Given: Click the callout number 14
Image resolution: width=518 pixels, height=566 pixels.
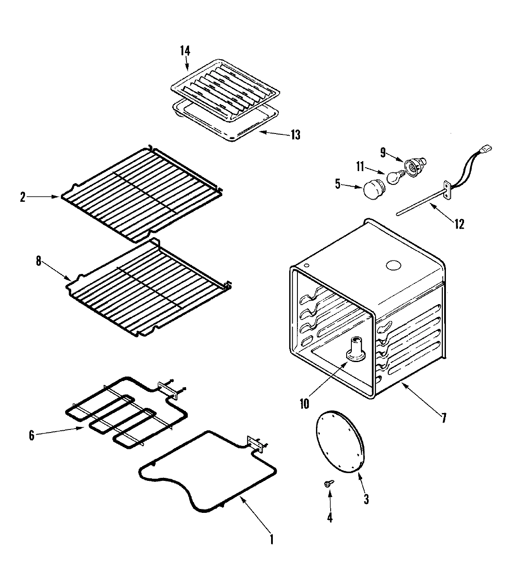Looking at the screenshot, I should click(x=185, y=51).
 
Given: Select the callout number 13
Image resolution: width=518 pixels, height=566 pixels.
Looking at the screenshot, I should click(x=295, y=135).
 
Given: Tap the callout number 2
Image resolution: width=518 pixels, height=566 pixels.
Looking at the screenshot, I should click(x=22, y=197).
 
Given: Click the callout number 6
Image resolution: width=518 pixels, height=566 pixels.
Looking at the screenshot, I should click(x=31, y=436).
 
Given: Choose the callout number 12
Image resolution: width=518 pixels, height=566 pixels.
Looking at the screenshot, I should click(x=459, y=224).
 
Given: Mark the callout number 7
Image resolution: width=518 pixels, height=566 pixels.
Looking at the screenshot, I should click(x=443, y=418).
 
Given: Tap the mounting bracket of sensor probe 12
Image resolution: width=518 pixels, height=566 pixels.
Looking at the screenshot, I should click(x=448, y=191).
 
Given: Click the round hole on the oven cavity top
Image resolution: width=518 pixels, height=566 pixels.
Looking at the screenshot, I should click(x=393, y=265).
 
